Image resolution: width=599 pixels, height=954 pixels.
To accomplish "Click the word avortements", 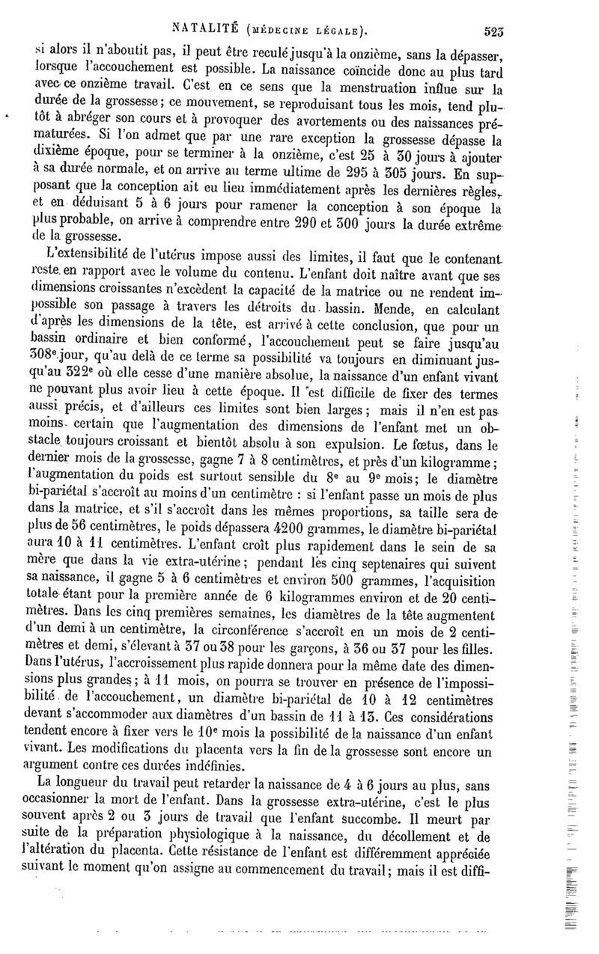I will pyautogui.click(x=344, y=125).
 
